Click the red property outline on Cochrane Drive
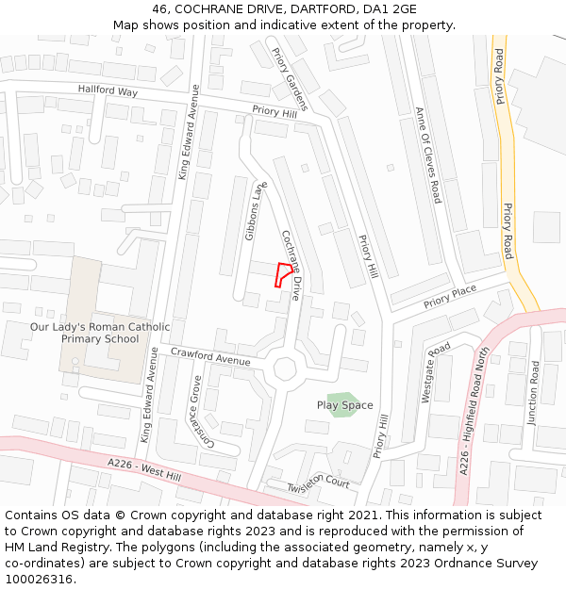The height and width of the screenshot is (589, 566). pyautogui.click(x=281, y=274)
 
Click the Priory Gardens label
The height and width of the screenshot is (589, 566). pyautogui.click(x=290, y=78)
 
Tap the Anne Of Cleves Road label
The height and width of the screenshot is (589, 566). pyautogui.click(x=428, y=155)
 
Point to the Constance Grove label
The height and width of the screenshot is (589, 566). pyautogui.click(x=203, y=412)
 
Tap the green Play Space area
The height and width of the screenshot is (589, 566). pyautogui.click(x=343, y=404)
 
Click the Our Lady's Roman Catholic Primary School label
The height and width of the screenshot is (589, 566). pyautogui.click(x=100, y=333)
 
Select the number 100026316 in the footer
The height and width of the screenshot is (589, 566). pyautogui.click(x=39, y=579)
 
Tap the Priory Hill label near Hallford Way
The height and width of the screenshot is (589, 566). pyautogui.click(x=275, y=111)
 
